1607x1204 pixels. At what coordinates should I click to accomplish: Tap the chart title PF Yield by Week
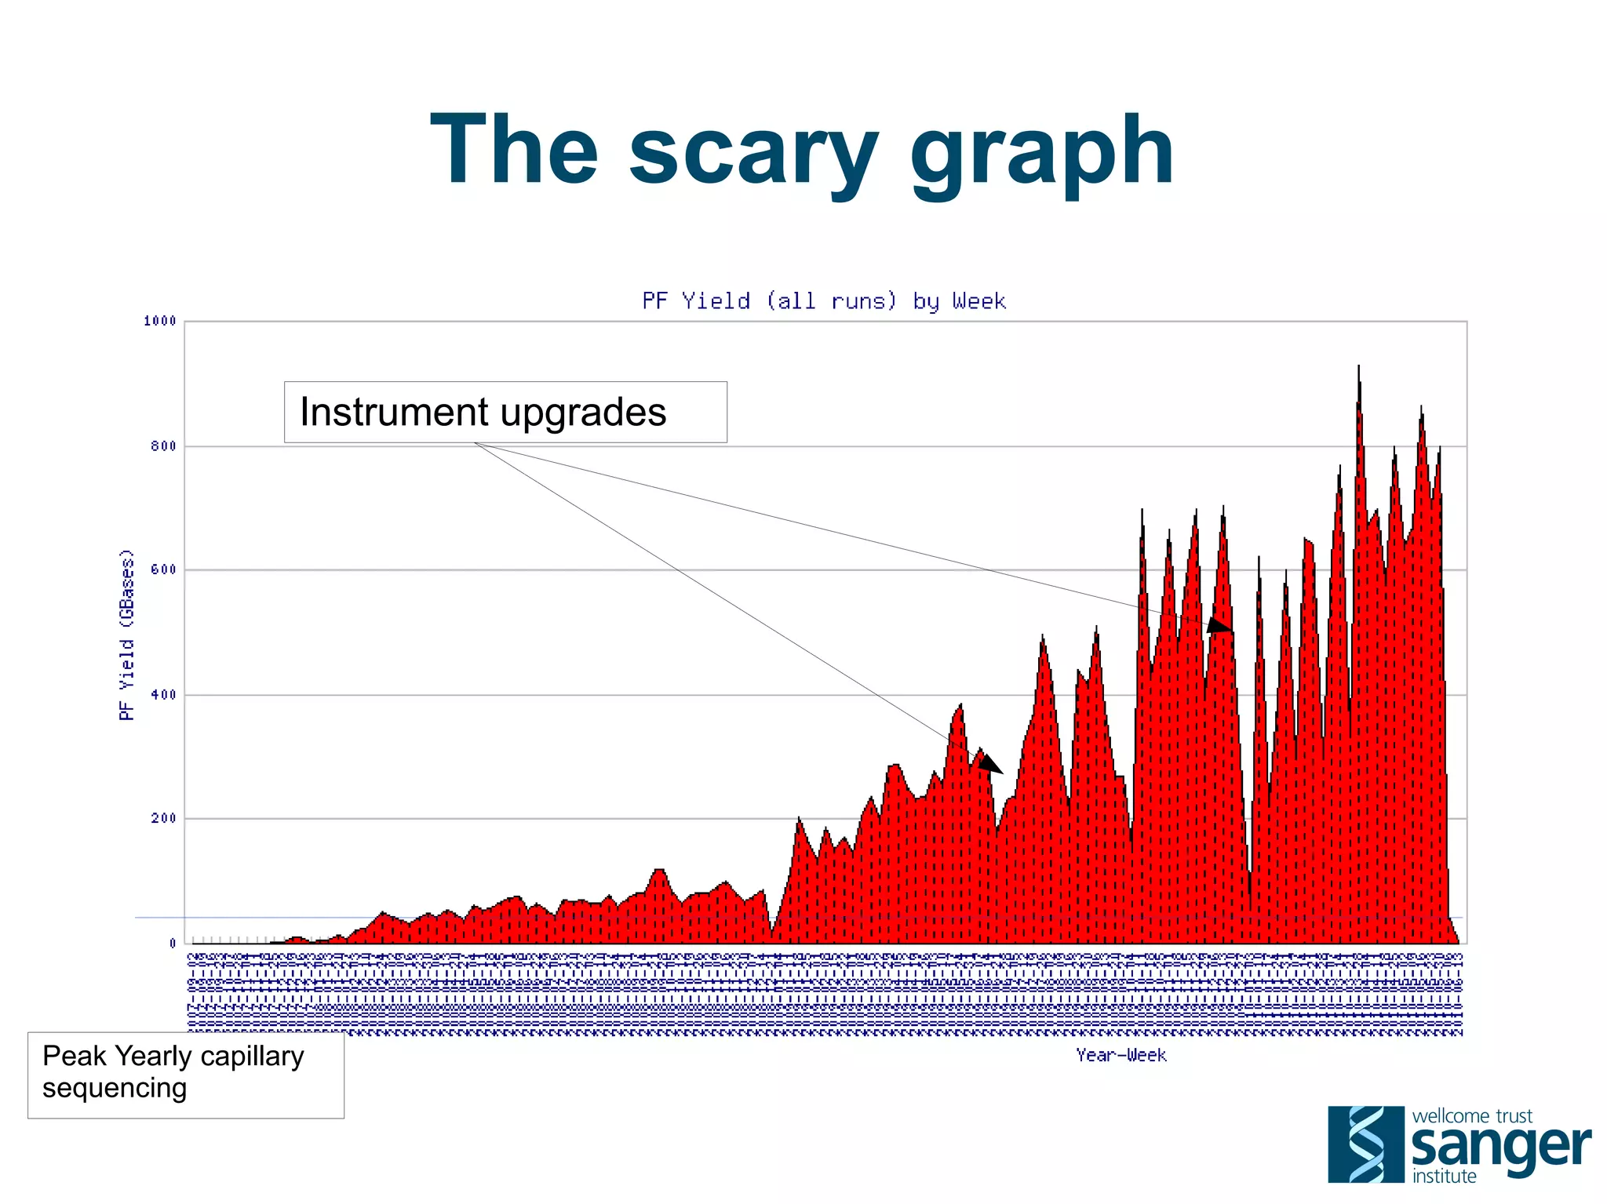[x=823, y=301]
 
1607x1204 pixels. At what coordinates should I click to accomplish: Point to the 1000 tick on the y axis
[x=160, y=321]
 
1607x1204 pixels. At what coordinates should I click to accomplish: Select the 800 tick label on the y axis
[x=163, y=446]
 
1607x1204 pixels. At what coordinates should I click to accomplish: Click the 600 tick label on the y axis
[x=163, y=569]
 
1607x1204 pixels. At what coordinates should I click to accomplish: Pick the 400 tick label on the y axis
[x=163, y=695]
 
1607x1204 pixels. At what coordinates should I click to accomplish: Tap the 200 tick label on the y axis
[x=163, y=818]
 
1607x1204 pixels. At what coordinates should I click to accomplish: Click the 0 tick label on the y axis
[x=172, y=944]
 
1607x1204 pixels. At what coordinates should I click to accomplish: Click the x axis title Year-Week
[x=1121, y=1055]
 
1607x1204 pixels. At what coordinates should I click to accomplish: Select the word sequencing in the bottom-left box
[x=115, y=1089]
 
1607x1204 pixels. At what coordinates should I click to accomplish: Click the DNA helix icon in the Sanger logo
[x=1365, y=1144]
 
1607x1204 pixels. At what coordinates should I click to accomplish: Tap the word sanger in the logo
[x=1500, y=1148]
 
